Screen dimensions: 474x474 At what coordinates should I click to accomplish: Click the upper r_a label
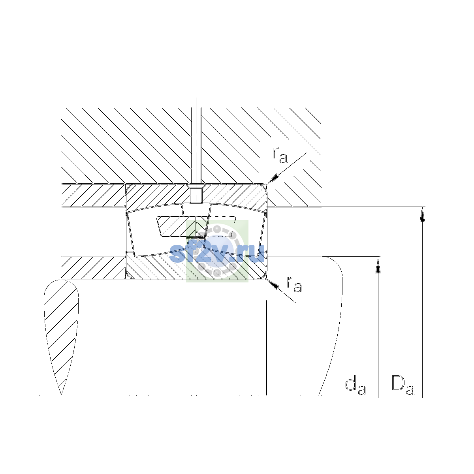point(280,155)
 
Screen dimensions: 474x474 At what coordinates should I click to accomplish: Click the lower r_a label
point(294,284)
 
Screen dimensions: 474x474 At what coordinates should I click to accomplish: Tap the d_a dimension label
point(355,386)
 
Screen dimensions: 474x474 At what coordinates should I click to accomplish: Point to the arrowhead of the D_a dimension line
point(422,214)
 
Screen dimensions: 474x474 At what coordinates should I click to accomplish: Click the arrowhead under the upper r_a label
point(273,179)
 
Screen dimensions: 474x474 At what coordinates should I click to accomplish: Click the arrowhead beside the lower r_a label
point(273,284)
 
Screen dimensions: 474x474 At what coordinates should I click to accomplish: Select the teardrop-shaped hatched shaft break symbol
point(61,337)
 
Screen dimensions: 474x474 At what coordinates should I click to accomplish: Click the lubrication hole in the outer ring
point(196,195)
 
